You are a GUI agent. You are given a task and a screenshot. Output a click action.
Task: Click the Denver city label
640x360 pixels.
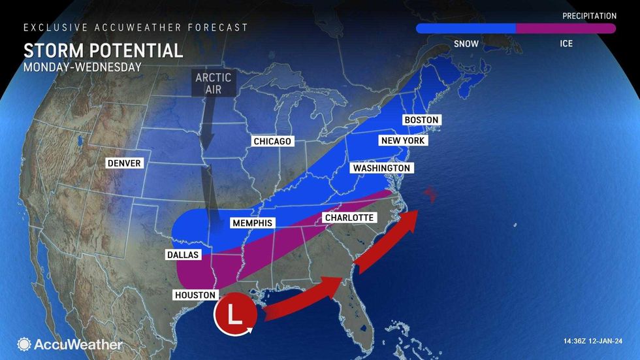coord(124,163)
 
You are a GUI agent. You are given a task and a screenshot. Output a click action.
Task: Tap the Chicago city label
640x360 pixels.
coord(272,142)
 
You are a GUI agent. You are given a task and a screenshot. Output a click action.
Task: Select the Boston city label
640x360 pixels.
coord(421,120)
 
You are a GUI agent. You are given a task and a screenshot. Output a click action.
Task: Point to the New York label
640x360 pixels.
coord(402,141)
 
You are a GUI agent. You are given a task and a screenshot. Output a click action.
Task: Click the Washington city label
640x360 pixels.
coord(381,169)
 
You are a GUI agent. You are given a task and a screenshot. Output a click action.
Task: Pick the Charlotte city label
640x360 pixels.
coord(349,218)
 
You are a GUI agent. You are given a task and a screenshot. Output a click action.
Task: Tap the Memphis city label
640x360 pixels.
coord(252,223)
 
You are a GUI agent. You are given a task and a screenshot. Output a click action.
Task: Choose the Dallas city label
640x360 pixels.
coord(182,255)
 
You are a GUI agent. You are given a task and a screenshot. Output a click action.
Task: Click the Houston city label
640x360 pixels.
coord(195,295)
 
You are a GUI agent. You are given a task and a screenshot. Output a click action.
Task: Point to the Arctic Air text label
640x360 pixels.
coord(213,84)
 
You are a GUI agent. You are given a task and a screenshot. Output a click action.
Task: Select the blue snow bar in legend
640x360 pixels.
coord(466,29)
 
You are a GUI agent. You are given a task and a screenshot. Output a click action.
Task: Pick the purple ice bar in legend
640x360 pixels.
coord(566,29)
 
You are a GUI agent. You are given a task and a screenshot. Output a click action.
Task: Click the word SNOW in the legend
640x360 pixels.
coord(465,44)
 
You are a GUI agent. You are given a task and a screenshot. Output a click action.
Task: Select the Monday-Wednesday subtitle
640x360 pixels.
coord(83,67)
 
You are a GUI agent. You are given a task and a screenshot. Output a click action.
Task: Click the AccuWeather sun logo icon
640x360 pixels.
coord(24,344)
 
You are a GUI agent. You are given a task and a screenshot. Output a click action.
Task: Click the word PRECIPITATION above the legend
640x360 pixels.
coord(590,16)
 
